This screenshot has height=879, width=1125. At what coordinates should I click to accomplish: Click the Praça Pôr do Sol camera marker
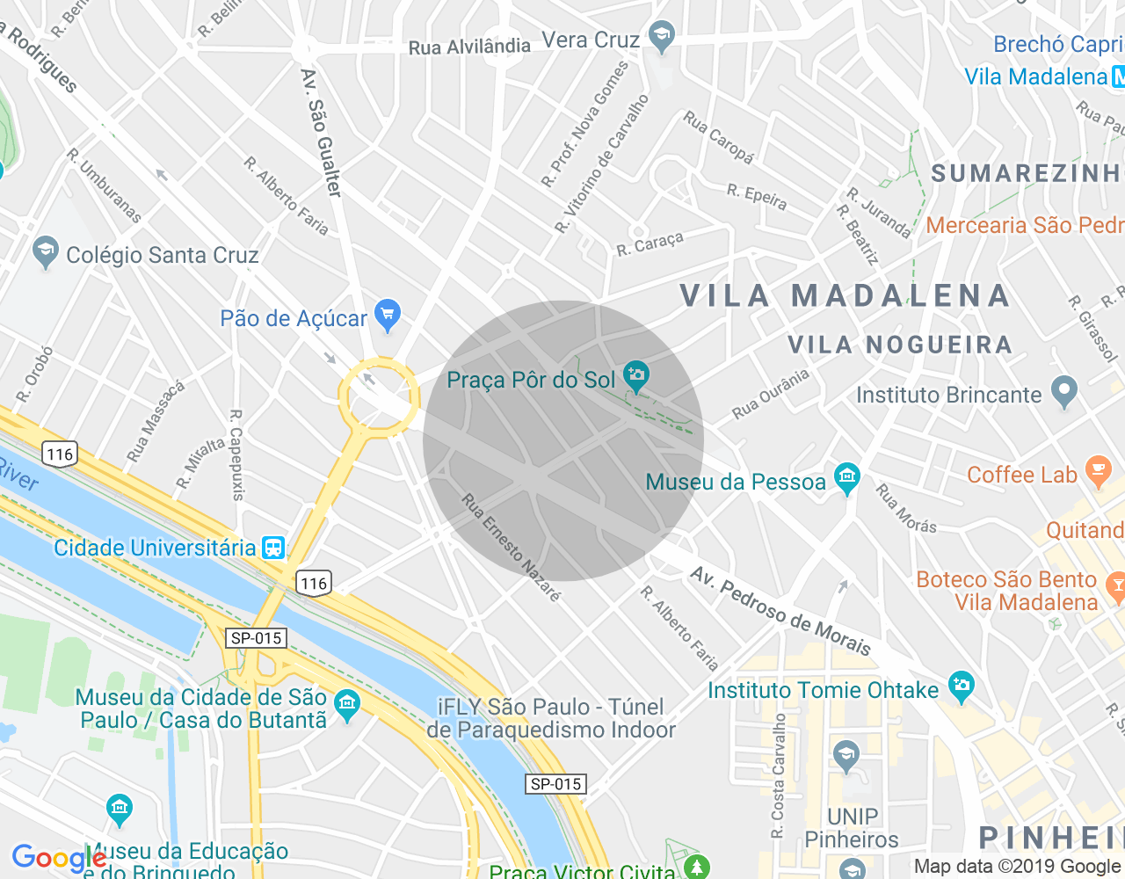[636, 377]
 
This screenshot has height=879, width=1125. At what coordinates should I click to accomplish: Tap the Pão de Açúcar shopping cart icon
[387, 315]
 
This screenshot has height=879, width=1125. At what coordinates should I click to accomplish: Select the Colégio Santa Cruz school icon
[45, 252]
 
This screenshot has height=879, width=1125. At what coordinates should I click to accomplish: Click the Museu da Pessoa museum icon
[846, 479]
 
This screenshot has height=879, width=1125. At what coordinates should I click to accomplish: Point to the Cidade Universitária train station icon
[273, 548]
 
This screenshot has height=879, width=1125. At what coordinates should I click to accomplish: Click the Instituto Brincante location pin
[1064, 392]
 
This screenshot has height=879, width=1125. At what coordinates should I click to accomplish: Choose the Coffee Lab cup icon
[1098, 472]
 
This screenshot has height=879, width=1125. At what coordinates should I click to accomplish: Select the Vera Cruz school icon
[660, 37]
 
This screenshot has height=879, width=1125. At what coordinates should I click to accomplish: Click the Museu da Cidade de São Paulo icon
[348, 704]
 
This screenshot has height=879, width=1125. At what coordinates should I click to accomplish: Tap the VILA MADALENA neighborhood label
[846, 296]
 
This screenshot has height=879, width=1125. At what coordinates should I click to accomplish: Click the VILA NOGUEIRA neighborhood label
[900, 345]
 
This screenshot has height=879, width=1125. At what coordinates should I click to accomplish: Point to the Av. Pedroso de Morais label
[780, 612]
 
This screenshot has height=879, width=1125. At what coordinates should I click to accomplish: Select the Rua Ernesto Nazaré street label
[511, 548]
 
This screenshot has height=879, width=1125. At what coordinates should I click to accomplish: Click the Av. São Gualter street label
[321, 132]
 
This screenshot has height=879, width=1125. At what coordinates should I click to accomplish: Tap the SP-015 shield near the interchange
[257, 638]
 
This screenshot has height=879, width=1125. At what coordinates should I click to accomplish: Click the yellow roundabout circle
[378, 397]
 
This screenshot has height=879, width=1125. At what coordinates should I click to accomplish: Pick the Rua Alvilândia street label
[469, 47]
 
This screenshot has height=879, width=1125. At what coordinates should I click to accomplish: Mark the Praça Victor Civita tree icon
[696, 867]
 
